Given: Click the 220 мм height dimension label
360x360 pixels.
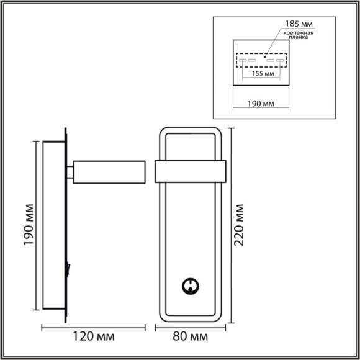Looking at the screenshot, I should click(x=240, y=225).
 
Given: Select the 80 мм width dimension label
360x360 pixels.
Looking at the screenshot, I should click(x=189, y=337).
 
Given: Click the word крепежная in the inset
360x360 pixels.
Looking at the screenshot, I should click(x=299, y=33).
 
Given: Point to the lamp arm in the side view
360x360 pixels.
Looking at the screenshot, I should click(x=109, y=171).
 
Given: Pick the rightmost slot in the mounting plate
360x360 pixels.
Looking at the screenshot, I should click(x=281, y=61).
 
